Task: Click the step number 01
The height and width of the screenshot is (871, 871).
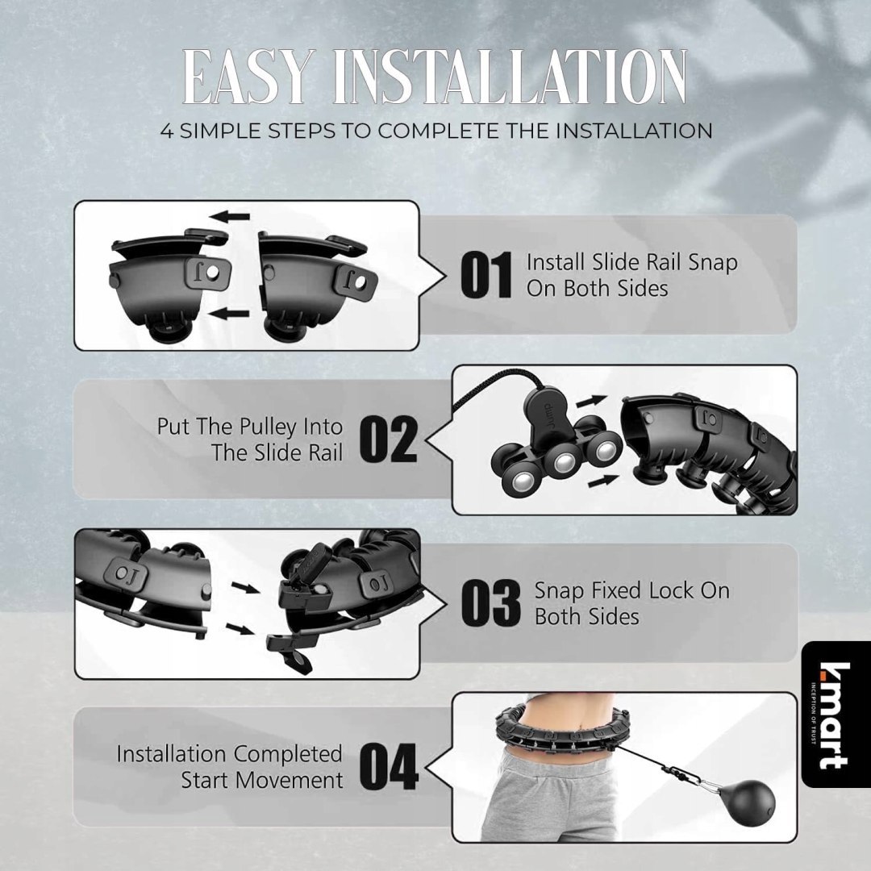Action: click(x=486, y=275)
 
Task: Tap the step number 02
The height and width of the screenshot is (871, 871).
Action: click(x=388, y=440)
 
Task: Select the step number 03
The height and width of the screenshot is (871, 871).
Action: click(x=490, y=602)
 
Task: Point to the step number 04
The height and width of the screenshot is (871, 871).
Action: click(x=388, y=767)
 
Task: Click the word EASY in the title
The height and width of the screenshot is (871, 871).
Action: click(x=245, y=77)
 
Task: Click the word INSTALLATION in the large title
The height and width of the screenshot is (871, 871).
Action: click(x=510, y=77)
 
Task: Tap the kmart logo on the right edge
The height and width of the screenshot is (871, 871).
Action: click(x=835, y=715)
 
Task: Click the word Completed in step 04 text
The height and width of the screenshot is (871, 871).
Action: click(x=287, y=754)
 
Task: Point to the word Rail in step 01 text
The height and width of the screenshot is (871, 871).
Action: click(x=660, y=261)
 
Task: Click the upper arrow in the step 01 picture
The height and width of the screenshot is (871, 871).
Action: click(x=231, y=217)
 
